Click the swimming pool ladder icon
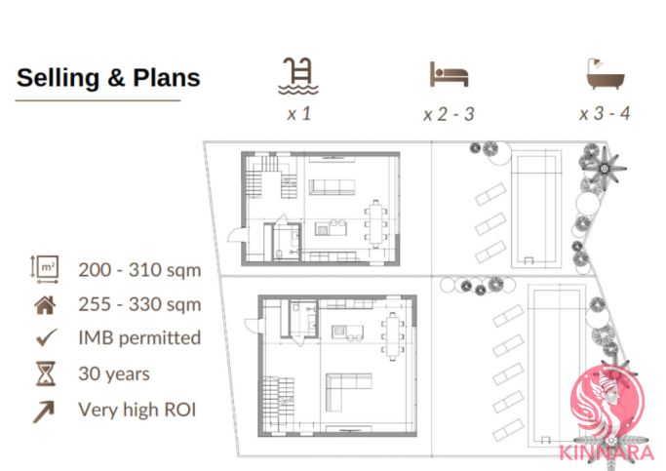tap(298, 76)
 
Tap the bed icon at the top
tap(449, 74)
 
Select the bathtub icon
tap(606, 74)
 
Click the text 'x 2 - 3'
tap(449, 114)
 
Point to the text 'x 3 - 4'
tap(605, 114)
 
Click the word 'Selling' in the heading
tap(59, 78)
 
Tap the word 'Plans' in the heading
tap(167, 78)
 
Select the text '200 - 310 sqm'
tap(139, 270)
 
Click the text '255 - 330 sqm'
tap(139, 304)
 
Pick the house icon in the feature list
tap(45, 305)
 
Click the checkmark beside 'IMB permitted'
tap(46, 337)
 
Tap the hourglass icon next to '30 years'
tap(46, 373)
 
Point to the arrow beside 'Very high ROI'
tap(44, 412)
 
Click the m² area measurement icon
tap(45, 269)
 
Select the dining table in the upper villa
tap(375, 224)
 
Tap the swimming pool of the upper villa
tap(536, 210)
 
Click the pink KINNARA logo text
tap(607, 451)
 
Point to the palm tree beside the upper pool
tap(604, 168)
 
